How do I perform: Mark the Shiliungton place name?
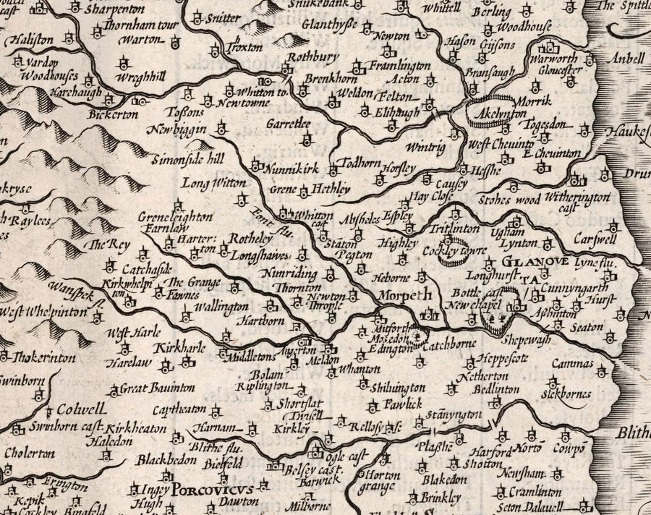click(396, 388)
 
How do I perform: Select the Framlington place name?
click(400, 65)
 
